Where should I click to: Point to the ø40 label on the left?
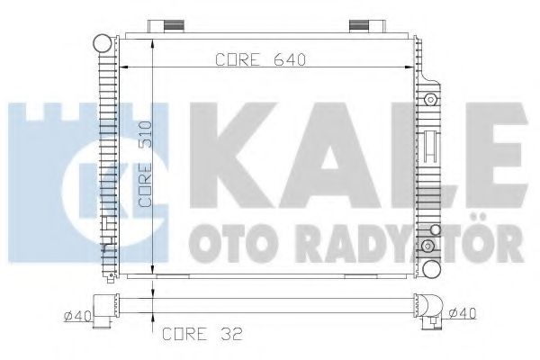[76, 314]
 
